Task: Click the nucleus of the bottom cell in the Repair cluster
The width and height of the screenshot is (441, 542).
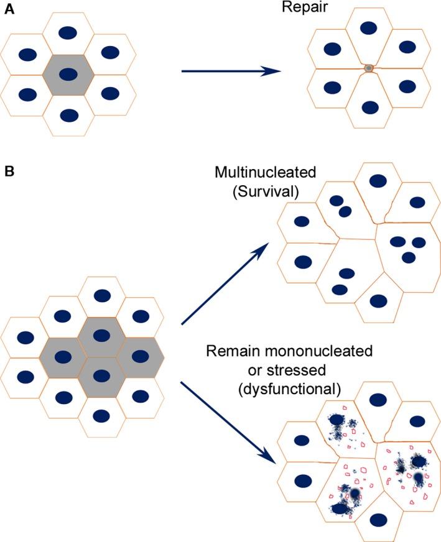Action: coord(369,106)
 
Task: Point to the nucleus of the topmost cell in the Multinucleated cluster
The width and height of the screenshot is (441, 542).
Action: coord(376,180)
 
